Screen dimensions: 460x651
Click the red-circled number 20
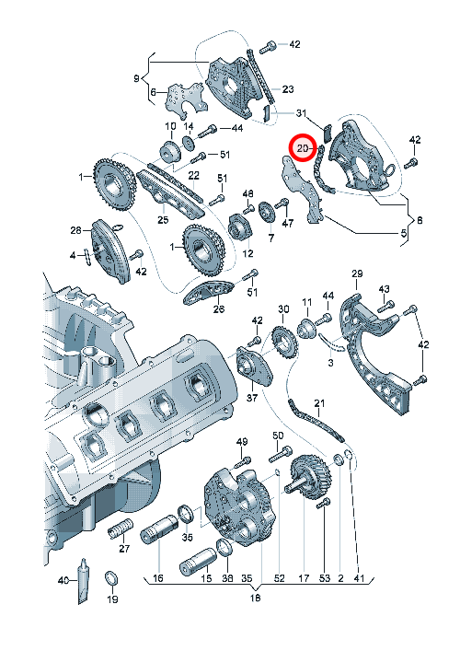pos(303,148)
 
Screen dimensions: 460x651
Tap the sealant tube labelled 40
pos(83,580)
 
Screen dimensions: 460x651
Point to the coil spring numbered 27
pos(121,529)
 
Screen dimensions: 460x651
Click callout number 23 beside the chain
pos(288,88)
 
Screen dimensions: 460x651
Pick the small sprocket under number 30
pos(283,343)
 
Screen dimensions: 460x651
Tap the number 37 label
pos(252,398)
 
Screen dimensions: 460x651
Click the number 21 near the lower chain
pos(319,403)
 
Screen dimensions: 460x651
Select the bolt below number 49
pos(245,462)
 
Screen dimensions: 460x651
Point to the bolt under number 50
pos(281,455)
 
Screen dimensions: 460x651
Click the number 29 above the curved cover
pos(357,273)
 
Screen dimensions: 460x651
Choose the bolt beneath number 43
pos(385,307)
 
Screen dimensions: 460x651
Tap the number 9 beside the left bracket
pos(136,78)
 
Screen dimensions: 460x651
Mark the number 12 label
pos(248,253)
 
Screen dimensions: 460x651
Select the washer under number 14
pos(189,143)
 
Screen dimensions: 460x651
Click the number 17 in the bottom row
pos(304,578)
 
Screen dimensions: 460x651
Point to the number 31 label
pos(301,112)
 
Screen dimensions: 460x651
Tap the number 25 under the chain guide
pos(163,219)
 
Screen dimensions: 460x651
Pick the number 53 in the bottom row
pos(325,578)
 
